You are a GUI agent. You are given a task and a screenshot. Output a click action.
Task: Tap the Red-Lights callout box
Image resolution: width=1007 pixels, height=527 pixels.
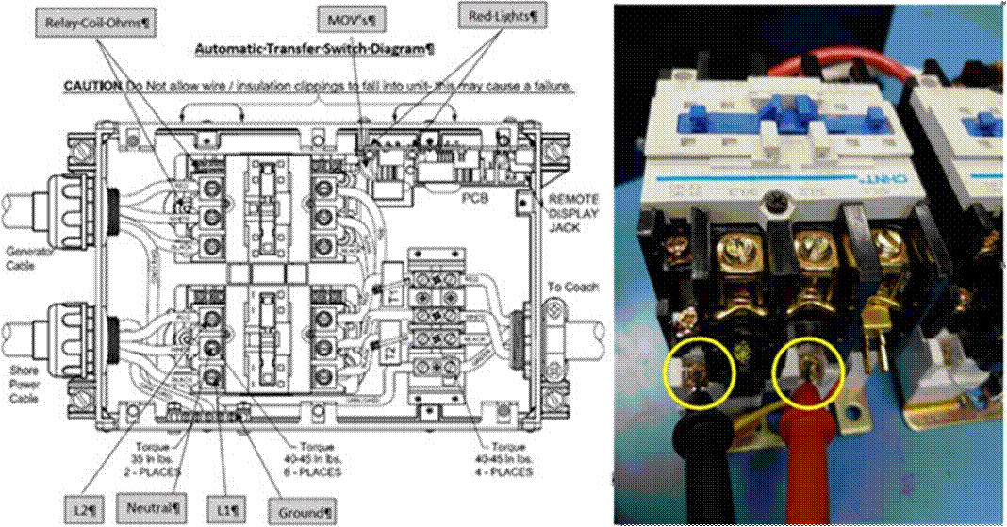click(x=503, y=16)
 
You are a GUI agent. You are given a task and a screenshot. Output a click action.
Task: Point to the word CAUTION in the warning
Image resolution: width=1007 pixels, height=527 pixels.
click(x=92, y=86)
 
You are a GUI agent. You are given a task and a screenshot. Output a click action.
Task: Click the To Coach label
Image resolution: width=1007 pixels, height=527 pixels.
click(x=574, y=287)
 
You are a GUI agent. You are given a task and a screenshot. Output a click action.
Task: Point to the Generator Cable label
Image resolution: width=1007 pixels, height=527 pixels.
click(x=29, y=257)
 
